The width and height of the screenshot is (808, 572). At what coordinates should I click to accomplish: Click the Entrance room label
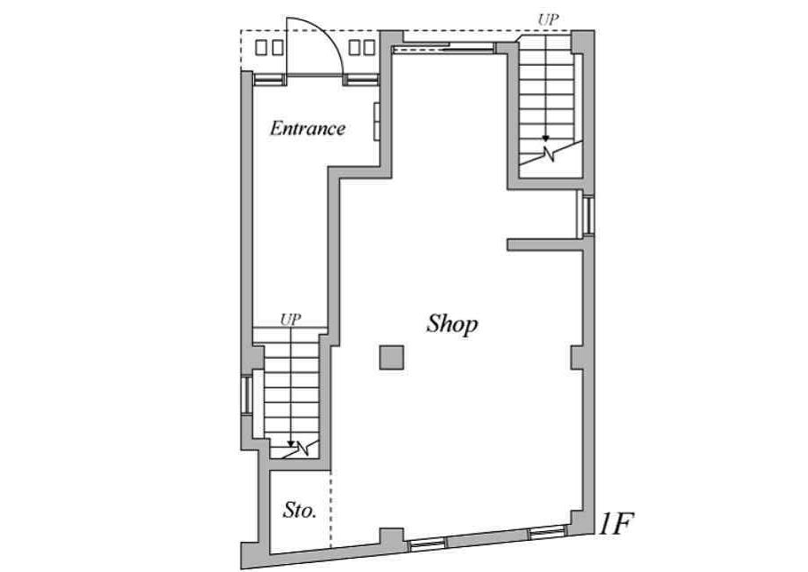[x=307, y=128]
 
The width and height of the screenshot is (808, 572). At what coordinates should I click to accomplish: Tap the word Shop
[x=452, y=324]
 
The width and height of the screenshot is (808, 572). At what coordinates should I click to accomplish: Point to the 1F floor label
[x=615, y=523]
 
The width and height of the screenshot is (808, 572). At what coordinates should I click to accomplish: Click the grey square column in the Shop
[x=392, y=358]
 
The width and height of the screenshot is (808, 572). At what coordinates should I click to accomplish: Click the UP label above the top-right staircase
[x=548, y=20]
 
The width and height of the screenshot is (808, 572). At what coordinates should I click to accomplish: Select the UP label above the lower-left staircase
[x=290, y=320]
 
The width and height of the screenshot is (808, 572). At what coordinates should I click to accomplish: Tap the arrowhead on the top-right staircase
[x=545, y=138]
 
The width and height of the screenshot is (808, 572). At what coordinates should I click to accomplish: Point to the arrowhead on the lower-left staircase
[x=290, y=444]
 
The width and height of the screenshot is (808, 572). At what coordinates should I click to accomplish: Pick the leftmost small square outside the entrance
[x=261, y=47]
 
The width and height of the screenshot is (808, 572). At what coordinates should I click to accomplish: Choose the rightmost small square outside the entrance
[x=369, y=47]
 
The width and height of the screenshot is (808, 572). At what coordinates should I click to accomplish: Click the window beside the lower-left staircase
[x=247, y=395]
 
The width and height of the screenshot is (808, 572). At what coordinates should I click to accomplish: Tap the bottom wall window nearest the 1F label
[x=546, y=532]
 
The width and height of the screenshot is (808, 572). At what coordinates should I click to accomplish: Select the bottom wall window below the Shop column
[x=427, y=544]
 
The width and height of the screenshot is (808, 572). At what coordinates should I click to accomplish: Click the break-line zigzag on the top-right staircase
[x=551, y=153]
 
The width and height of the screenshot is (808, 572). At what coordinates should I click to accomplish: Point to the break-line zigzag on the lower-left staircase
[x=303, y=448]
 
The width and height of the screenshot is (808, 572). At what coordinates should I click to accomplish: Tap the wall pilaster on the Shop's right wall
[x=576, y=358]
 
